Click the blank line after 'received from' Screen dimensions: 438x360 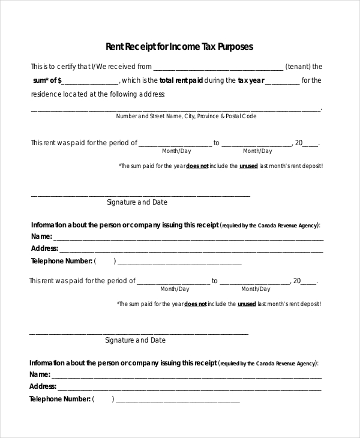(x=218, y=68)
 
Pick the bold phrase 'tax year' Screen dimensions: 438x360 (x=250, y=80)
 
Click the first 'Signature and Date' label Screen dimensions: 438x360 (x=137, y=202)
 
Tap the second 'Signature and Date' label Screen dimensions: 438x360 (x=135, y=340)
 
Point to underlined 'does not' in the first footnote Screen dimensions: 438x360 (x=197, y=166)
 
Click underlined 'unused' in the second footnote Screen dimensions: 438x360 (x=247, y=304)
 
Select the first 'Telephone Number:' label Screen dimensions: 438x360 (x=62, y=261)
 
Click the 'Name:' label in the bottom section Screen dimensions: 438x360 (x=40, y=374)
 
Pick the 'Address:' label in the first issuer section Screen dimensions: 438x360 (x=44, y=248)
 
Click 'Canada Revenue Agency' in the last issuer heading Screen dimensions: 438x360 (x=286, y=364)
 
